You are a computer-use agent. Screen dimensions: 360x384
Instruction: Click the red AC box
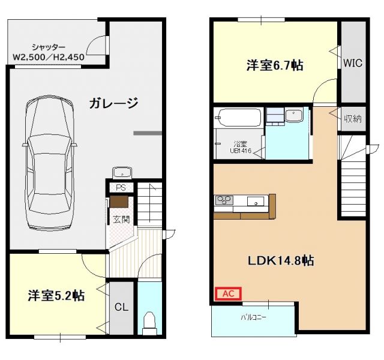(x=228, y=293)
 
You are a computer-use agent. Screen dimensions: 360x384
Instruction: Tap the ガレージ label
(x=114, y=103)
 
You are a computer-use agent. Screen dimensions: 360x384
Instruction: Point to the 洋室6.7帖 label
(x=274, y=66)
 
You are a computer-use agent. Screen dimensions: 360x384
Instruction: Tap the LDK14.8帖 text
(x=281, y=261)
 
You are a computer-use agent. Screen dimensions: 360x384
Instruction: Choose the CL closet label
(x=121, y=307)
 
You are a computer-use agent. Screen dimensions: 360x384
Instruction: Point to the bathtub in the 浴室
(x=239, y=118)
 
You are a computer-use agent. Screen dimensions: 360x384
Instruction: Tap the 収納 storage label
(x=353, y=118)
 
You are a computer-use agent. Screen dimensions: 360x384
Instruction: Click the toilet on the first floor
(x=149, y=322)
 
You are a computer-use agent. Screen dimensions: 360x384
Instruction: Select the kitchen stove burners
(x=224, y=201)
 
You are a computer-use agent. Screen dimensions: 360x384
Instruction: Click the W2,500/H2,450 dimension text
(x=49, y=58)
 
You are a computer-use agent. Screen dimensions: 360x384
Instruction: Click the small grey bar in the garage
(x=148, y=132)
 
